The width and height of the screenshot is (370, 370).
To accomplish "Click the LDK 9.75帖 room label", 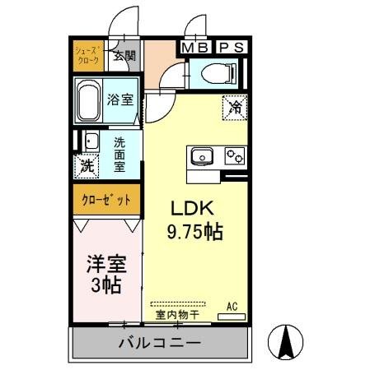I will [195, 220].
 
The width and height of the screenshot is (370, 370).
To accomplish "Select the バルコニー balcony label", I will [161, 341].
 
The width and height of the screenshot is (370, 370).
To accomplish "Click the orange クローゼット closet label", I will [105, 200].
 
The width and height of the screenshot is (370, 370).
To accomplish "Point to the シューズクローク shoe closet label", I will [88, 55].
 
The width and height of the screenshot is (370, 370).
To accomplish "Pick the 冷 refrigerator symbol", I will [233, 106].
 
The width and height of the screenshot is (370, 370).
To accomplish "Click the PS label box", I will [231, 48].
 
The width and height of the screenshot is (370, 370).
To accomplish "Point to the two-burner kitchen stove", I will [232, 155].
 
